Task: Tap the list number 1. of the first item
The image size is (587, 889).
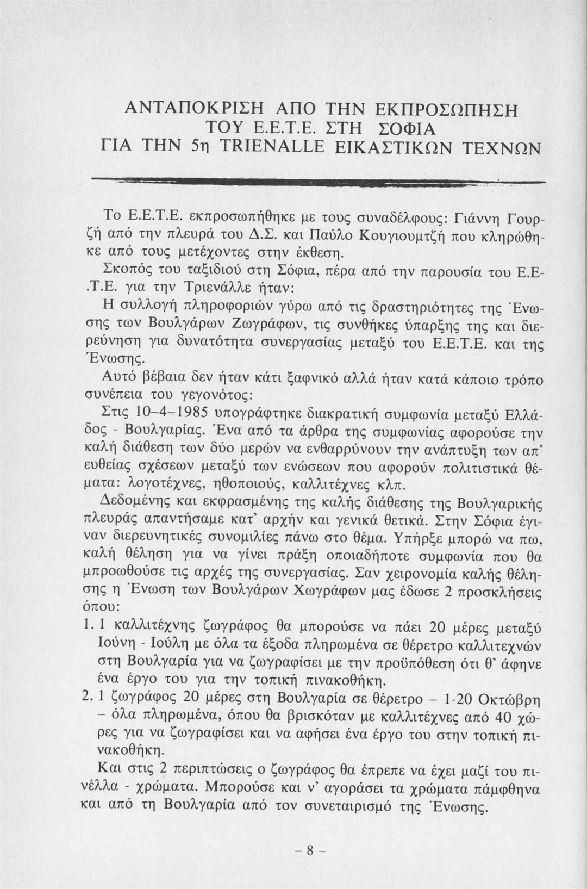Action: click(x=88, y=627)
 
